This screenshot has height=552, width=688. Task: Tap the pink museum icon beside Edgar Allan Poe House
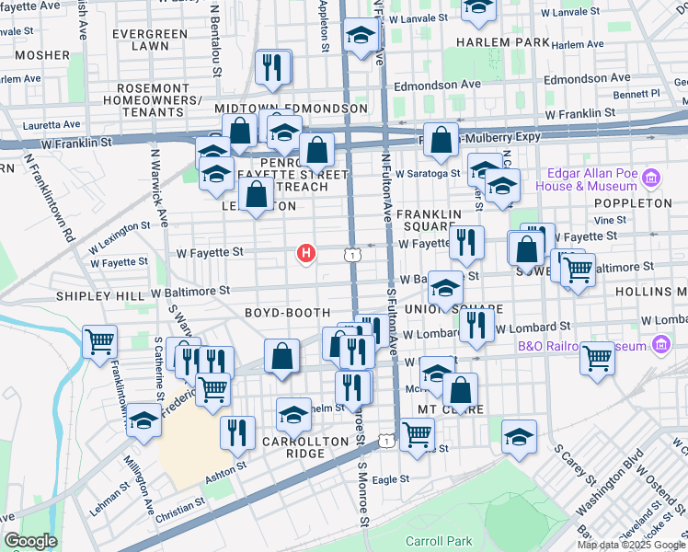(651, 177)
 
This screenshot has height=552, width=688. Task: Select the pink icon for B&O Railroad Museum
(659, 345)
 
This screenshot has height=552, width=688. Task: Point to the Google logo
(29, 540)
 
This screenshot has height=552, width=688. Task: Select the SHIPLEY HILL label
(100, 296)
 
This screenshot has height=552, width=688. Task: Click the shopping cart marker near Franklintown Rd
(99, 341)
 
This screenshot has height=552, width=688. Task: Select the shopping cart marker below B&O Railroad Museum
(598, 357)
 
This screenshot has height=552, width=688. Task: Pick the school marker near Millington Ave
(143, 420)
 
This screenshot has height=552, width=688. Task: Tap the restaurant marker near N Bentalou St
(271, 66)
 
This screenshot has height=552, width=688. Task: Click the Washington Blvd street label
(609, 480)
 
